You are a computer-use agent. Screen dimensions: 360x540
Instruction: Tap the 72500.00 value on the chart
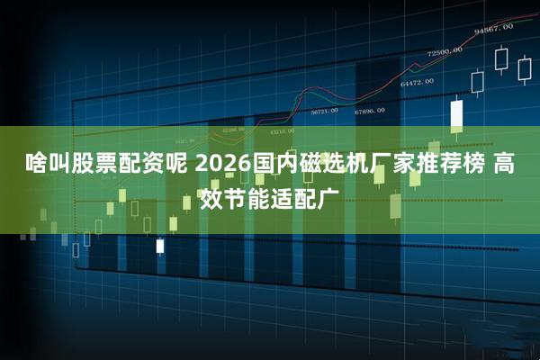pyautogui.click(x=445, y=51)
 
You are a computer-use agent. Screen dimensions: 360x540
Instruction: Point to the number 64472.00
pyautogui.click(x=418, y=82)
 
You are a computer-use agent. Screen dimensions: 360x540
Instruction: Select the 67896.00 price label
pyautogui.click(x=369, y=111)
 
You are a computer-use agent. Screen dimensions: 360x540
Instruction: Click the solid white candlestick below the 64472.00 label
pyautogui.click(x=456, y=114)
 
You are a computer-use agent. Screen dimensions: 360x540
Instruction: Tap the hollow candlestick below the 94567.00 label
pyautogui.click(x=501, y=59)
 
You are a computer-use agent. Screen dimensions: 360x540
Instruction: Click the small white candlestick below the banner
pyautogui.click(x=160, y=245)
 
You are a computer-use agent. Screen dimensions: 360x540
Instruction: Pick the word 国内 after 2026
pyautogui.click(x=267, y=166)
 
